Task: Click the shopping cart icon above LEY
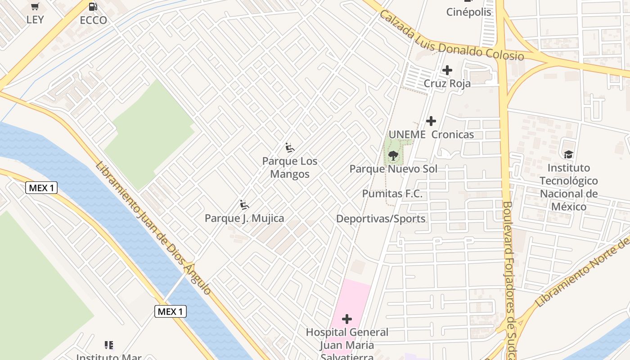point(35,6)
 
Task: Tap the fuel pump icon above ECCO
point(93,6)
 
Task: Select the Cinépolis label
point(468,12)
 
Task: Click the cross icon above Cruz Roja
point(447,70)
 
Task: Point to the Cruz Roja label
point(447,84)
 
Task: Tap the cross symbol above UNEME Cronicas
point(431,121)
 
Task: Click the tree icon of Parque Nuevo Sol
point(393,156)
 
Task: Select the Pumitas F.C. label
point(392,194)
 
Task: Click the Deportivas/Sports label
point(381,219)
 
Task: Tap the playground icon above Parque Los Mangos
point(290,148)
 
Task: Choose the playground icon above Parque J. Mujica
point(244,205)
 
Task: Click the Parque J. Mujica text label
point(244,218)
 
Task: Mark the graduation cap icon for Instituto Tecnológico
point(569,154)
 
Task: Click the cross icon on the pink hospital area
point(347,319)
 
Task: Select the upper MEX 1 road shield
point(41,188)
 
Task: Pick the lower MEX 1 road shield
point(171,311)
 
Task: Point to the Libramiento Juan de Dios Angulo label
point(153,228)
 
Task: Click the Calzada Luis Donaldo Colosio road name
point(451,36)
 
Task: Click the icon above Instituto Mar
point(108,345)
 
